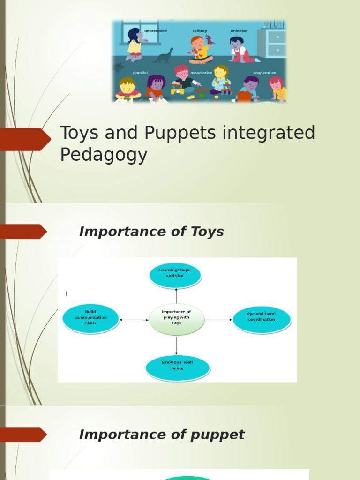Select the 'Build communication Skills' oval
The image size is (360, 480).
point(90,318)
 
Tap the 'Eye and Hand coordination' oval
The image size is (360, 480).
point(262,319)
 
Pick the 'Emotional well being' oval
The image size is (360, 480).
point(177,367)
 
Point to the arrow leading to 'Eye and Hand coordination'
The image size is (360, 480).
point(218,320)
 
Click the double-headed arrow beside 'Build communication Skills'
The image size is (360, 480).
point(134,320)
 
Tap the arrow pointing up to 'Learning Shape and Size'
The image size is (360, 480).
point(176,296)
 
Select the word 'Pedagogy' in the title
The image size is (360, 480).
point(104,155)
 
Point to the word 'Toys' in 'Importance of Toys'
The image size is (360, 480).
point(207,232)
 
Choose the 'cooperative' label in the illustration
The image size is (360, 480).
point(264,73)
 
